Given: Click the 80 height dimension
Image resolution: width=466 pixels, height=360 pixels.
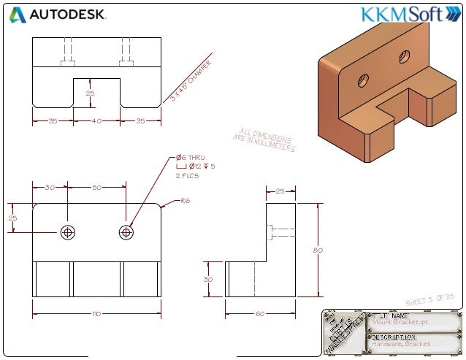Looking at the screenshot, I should [x=317, y=250].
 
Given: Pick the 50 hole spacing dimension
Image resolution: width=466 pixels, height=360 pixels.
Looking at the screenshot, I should [x=96, y=188].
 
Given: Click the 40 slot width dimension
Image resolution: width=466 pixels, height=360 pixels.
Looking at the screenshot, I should [x=96, y=120].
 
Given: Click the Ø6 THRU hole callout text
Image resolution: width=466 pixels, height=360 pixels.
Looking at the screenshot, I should [x=191, y=158].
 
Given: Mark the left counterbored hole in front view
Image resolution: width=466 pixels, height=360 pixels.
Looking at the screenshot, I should [x=68, y=232].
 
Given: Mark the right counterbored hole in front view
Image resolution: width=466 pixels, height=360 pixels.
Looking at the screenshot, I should [x=126, y=232].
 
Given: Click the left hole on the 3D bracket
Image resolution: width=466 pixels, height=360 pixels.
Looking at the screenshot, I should [x=363, y=80].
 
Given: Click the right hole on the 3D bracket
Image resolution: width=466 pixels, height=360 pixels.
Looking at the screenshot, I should [x=405, y=56].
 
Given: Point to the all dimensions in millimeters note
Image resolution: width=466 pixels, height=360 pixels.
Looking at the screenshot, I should [x=264, y=139].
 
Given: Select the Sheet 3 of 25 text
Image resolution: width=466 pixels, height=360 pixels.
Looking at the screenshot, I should [x=430, y=300].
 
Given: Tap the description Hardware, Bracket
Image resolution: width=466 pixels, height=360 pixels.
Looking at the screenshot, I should [x=401, y=343].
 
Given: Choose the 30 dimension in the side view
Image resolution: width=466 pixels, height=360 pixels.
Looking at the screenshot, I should [x=207, y=279].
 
